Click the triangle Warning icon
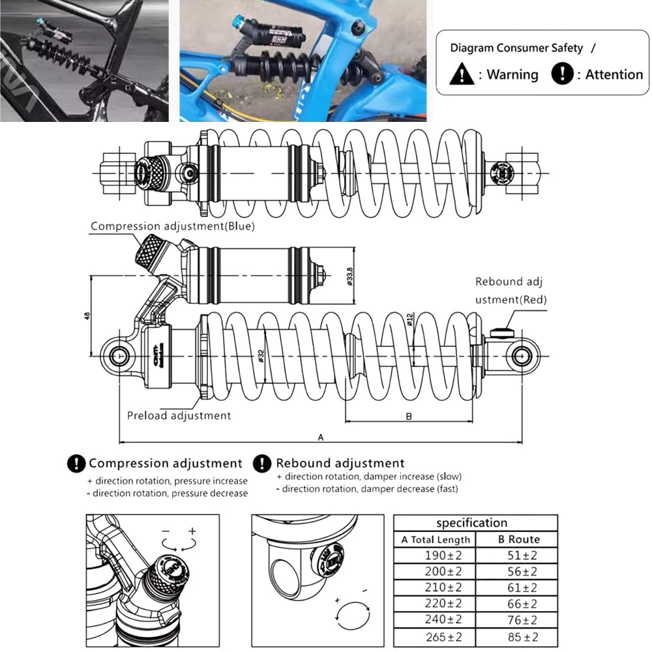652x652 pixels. [462, 74]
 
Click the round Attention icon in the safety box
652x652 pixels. [561, 74]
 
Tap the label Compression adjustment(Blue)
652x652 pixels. [172, 226]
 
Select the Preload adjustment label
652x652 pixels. [179, 415]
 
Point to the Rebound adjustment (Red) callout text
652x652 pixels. [510, 291]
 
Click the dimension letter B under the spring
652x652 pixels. [409, 417]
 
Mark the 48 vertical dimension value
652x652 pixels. [87, 316]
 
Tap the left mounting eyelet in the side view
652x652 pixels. [120, 355]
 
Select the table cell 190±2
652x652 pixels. [434, 555]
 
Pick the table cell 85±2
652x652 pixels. [518, 636]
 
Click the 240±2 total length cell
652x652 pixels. [434, 619]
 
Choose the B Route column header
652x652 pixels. [518, 539]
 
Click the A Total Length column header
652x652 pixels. [435, 539]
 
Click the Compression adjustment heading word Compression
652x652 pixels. [128, 464]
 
